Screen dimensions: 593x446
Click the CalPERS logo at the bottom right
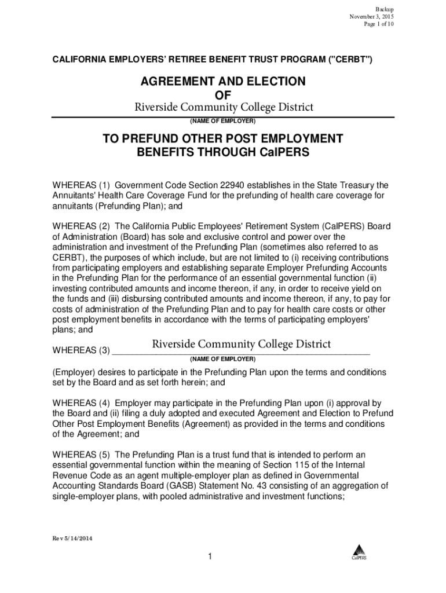[359, 553]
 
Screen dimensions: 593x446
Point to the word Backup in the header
[385, 9]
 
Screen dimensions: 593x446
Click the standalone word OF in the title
[223, 94]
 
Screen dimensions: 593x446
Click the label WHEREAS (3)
[81, 350]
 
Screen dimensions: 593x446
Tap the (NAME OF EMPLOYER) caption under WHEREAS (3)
[223, 360]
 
